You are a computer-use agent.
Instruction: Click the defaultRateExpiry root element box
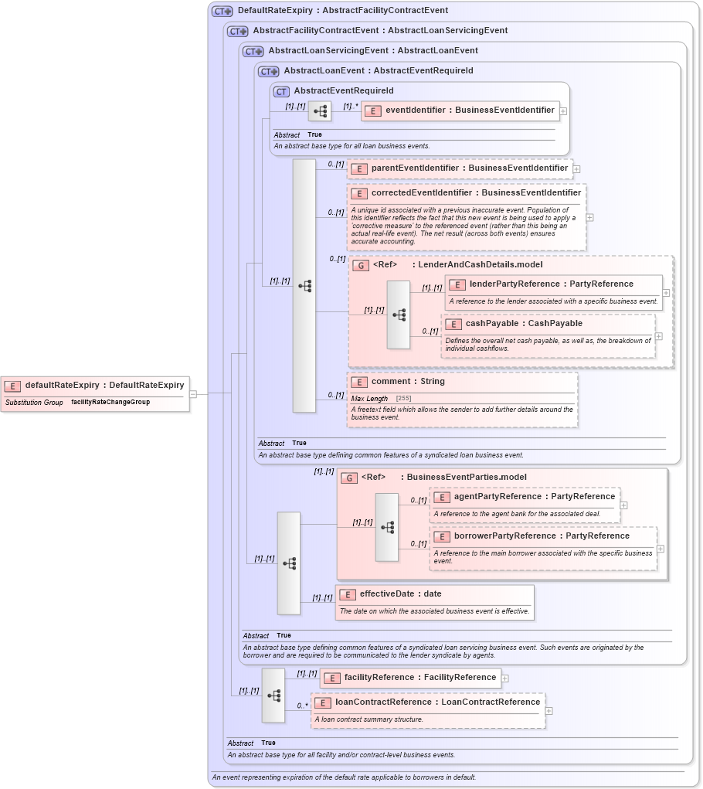[x=95, y=385]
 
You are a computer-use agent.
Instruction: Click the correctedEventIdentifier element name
[x=475, y=193]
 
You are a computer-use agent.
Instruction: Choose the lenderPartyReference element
[x=552, y=284]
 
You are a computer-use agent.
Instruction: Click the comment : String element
[x=408, y=382]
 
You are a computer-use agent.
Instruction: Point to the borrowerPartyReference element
[x=542, y=536]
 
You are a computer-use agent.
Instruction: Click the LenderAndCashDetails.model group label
[x=480, y=265]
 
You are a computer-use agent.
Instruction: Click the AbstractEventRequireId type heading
[x=343, y=91]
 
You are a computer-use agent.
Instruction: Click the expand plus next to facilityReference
[x=505, y=678]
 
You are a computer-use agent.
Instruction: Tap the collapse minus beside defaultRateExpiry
[x=192, y=393]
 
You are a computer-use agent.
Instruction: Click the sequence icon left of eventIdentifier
[x=320, y=111]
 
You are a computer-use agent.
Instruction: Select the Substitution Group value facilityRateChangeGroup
[x=110, y=403]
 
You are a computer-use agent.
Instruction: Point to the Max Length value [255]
[x=403, y=399]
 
